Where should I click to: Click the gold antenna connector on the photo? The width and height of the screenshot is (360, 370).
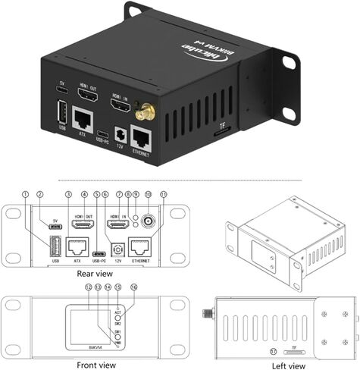[142, 114]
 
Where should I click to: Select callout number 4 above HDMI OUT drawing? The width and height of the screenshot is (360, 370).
[83, 194]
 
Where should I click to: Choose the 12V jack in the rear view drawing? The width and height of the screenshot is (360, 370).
[117, 247]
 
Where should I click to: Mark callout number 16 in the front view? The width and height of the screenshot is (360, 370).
[133, 288]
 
